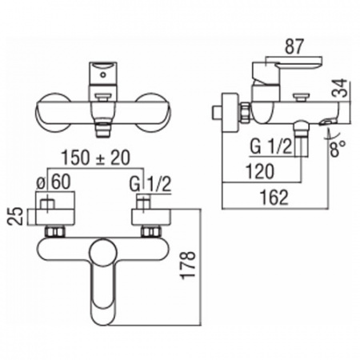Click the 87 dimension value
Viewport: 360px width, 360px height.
(x=294, y=46)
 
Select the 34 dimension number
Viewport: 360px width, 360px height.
(x=340, y=88)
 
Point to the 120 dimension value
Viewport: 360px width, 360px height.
(x=260, y=171)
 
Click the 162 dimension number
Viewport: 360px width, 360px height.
(x=274, y=198)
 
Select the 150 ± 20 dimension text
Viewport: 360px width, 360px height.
(x=96, y=158)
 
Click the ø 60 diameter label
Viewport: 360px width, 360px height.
(x=54, y=182)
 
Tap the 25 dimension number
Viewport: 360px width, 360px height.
(x=15, y=217)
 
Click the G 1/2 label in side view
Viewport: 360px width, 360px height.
(x=271, y=146)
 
